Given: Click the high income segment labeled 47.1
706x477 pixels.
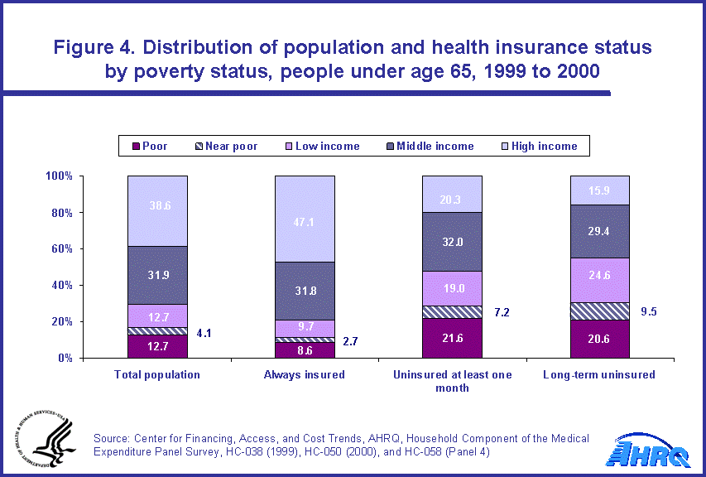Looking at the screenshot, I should pyautogui.click(x=305, y=219).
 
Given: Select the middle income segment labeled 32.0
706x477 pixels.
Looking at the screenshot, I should pyautogui.click(x=452, y=242).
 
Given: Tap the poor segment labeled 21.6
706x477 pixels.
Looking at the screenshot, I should pyautogui.click(x=452, y=338).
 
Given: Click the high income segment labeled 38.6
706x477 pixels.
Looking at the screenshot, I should pyautogui.click(x=157, y=211).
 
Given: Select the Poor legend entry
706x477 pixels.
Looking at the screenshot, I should pyautogui.click(x=148, y=147).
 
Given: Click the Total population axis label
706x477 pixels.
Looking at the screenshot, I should pyautogui.click(x=157, y=374).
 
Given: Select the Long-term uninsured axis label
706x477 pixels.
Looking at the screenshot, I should pyautogui.click(x=599, y=374).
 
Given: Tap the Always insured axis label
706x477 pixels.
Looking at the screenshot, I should pyautogui.click(x=305, y=374).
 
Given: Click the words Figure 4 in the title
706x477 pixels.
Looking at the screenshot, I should pyautogui.click(x=98, y=47).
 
